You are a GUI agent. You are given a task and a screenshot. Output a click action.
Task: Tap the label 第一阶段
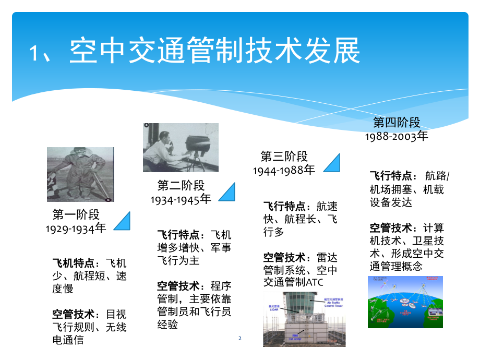point(76,215)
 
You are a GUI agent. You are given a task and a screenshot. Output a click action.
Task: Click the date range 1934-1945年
point(181,199)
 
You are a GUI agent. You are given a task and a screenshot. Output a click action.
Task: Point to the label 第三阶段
point(284,156)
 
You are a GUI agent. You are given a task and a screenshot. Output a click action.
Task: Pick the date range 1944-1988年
point(284,170)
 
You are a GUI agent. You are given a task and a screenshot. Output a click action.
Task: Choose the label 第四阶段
point(397,123)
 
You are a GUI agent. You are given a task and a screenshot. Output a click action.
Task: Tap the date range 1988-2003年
point(397,136)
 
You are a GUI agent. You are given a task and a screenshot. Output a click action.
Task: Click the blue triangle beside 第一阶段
point(123,221)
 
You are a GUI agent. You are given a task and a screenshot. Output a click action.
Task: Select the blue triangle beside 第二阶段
point(227,191)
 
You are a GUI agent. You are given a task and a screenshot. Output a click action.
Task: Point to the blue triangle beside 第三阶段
point(332,162)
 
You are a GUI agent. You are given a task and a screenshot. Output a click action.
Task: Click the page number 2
point(240,339)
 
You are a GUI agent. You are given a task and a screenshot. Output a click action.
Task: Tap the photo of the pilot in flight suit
point(80,174)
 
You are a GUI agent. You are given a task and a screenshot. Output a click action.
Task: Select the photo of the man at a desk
point(181,148)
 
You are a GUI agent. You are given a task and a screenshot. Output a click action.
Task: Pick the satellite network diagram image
point(405,302)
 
